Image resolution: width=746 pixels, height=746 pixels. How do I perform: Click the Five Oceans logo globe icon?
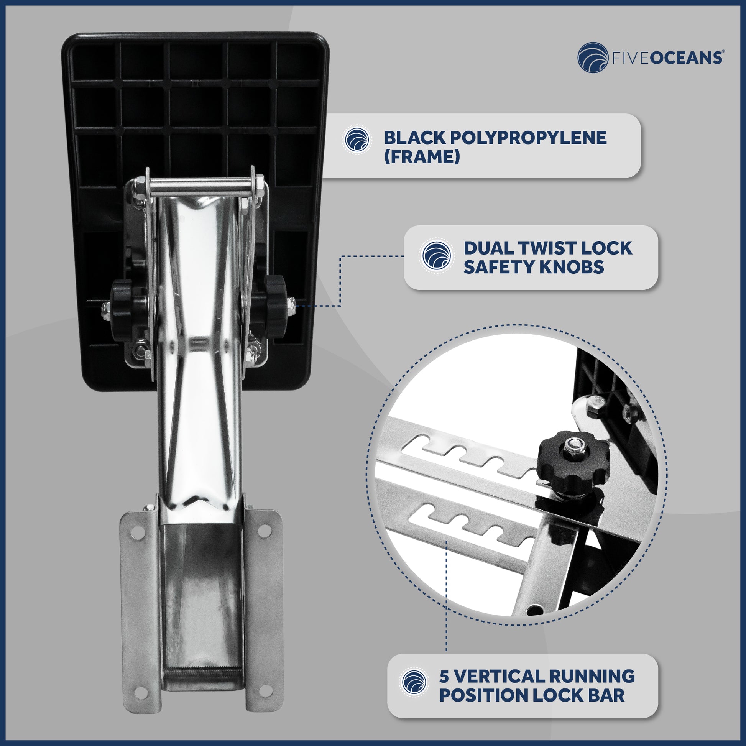[593, 58]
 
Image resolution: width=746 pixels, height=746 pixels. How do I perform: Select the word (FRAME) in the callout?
[422, 157]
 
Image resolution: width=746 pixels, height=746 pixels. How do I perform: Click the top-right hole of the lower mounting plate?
[264, 531]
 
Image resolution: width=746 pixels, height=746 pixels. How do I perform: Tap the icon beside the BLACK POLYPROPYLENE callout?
[357, 140]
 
